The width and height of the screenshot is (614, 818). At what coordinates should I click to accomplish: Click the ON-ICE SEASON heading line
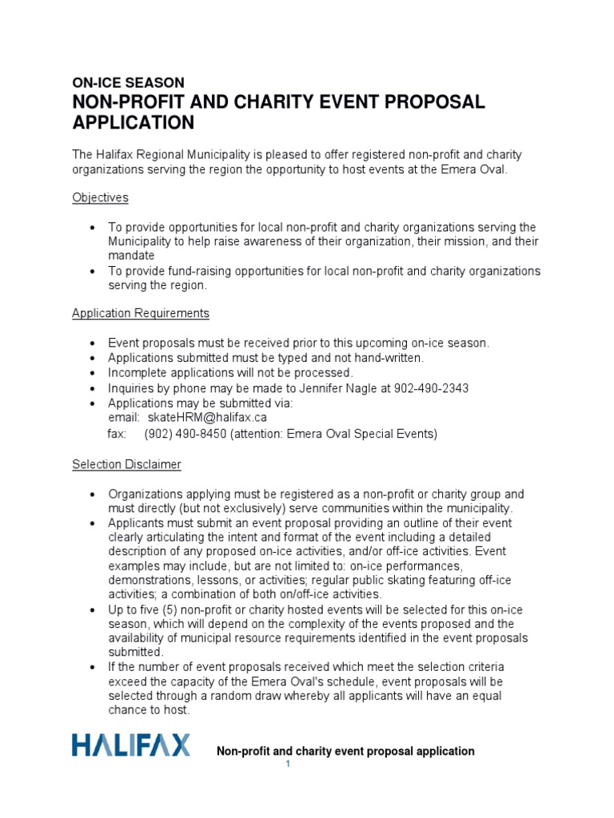pyautogui.click(x=128, y=82)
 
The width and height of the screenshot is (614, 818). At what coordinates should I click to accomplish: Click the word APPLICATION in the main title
pyautogui.click(x=134, y=122)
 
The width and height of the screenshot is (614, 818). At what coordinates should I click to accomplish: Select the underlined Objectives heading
pyautogui.click(x=100, y=197)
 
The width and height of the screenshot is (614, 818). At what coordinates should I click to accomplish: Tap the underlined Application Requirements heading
pyautogui.click(x=141, y=313)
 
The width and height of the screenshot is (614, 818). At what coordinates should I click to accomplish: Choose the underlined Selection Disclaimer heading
pyautogui.click(x=126, y=464)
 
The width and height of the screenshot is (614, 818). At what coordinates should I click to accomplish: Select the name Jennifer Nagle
pyautogui.click(x=337, y=388)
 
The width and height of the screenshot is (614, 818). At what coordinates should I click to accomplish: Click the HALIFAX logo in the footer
pyautogui.click(x=131, y=746)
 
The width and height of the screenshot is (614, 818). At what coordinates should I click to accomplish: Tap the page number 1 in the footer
pyautogui.click(x=289, y=765)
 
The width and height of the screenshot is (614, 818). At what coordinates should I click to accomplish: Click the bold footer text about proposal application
pyautogui.click(x=346, y=751)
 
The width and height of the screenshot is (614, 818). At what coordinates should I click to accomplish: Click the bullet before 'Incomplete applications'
pyautogui.click(x=93, y=374)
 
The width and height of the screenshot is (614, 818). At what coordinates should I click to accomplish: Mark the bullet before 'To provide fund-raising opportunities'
pyautogui.click(x=93, y=272)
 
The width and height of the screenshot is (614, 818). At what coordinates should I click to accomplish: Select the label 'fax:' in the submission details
pyautogui.click(x=118, y=434)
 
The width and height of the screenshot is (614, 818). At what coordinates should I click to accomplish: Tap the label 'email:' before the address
pyautogui.click(x=124, y=418)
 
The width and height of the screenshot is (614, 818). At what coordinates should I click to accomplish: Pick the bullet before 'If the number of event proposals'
pyautogui.click(x=93, y=667)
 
